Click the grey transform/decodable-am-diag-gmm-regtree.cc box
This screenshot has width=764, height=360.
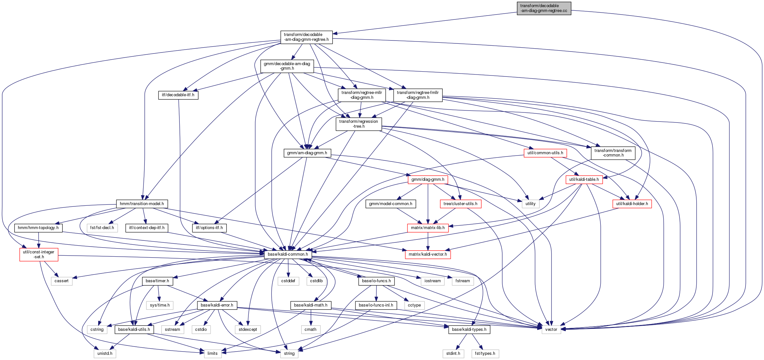click(544, 8)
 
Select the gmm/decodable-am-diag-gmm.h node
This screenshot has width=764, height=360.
click(287, 66)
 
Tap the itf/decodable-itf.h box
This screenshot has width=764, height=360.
click(178, 95)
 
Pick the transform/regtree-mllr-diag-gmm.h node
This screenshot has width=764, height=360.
click(361, 95)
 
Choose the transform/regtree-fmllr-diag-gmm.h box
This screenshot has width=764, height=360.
click(418, 95)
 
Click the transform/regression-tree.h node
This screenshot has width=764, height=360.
click(359, 124)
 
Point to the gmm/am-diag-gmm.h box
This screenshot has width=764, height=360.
click(307, 153)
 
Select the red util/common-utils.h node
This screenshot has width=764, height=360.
click(545, 153)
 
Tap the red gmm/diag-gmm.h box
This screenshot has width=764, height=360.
click(428, 180)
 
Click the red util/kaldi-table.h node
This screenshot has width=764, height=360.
click(584, 180)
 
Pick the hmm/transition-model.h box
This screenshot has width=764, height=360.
click(142, 204)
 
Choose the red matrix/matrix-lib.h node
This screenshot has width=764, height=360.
click(428, 228)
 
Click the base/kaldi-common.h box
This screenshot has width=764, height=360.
click(288, 254)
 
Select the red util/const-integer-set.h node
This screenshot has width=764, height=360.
click(39, 254)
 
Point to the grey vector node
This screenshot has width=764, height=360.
click(551, 330)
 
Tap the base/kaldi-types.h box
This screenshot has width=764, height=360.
click(469, 330)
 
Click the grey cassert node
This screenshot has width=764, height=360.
click(62, 281)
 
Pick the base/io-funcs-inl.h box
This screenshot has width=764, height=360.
click(376, 305)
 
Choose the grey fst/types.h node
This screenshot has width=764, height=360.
click(485, 354)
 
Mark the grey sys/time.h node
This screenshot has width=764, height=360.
click(160, 305)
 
